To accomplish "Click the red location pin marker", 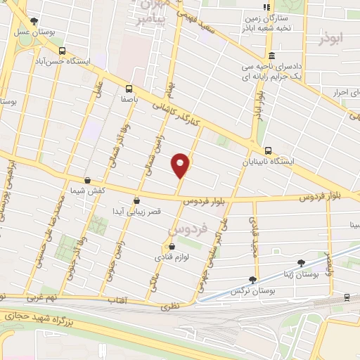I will [x=181, y=165].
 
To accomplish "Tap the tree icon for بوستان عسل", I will [x=35, y=21].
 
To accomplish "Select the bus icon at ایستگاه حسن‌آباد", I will [x=63, y=51].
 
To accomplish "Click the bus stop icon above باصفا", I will [x=128, y=89].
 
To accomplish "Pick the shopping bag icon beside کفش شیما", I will [x=87, y=181].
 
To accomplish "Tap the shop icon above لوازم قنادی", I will [x=172, y=247].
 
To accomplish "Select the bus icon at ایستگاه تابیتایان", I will [x=269, y=150].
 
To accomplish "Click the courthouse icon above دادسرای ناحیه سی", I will [x=271, y=56].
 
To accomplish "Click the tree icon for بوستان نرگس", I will [x=252, y=279].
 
